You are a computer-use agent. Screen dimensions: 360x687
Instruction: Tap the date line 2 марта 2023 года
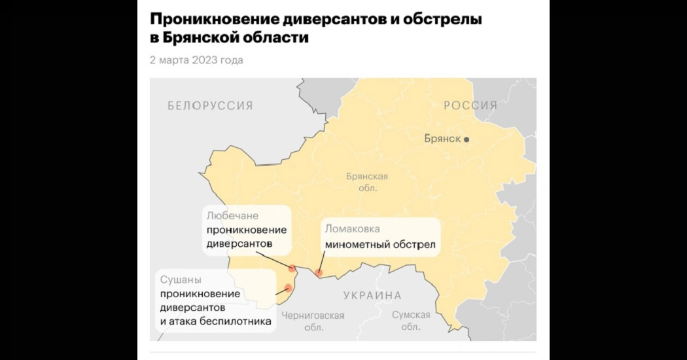coord(196,60)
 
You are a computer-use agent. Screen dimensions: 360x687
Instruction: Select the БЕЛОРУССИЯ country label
coord(209,105)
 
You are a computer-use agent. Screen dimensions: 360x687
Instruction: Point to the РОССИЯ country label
coord(470,105)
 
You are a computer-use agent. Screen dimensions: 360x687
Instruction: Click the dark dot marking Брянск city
coord(467,139)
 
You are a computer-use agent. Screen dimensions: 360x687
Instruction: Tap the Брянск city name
coord(442,139)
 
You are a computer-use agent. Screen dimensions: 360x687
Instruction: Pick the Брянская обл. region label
coord(367,182)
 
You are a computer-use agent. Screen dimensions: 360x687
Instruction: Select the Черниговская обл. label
coord(313,321)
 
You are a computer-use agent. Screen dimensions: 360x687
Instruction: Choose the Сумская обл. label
coord(411,321)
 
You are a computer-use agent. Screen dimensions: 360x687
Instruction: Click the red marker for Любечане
coord(292,268)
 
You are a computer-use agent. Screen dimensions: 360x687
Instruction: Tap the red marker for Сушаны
coord(288,288)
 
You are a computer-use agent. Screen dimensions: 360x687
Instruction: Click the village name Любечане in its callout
coord(232,215)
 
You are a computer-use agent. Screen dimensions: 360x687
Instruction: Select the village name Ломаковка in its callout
coord(352,229)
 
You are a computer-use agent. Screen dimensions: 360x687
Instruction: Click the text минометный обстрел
coord(380,245)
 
